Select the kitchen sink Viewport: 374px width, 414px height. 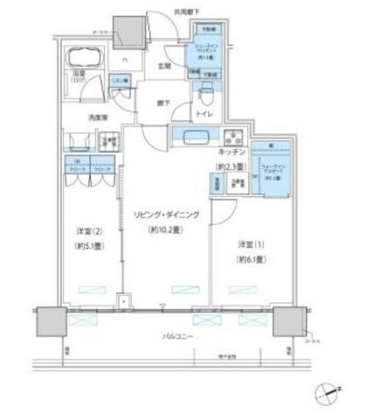click(195, 137)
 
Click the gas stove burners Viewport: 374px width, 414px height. click(232, 138)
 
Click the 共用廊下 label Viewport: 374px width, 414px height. click(186, 11)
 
